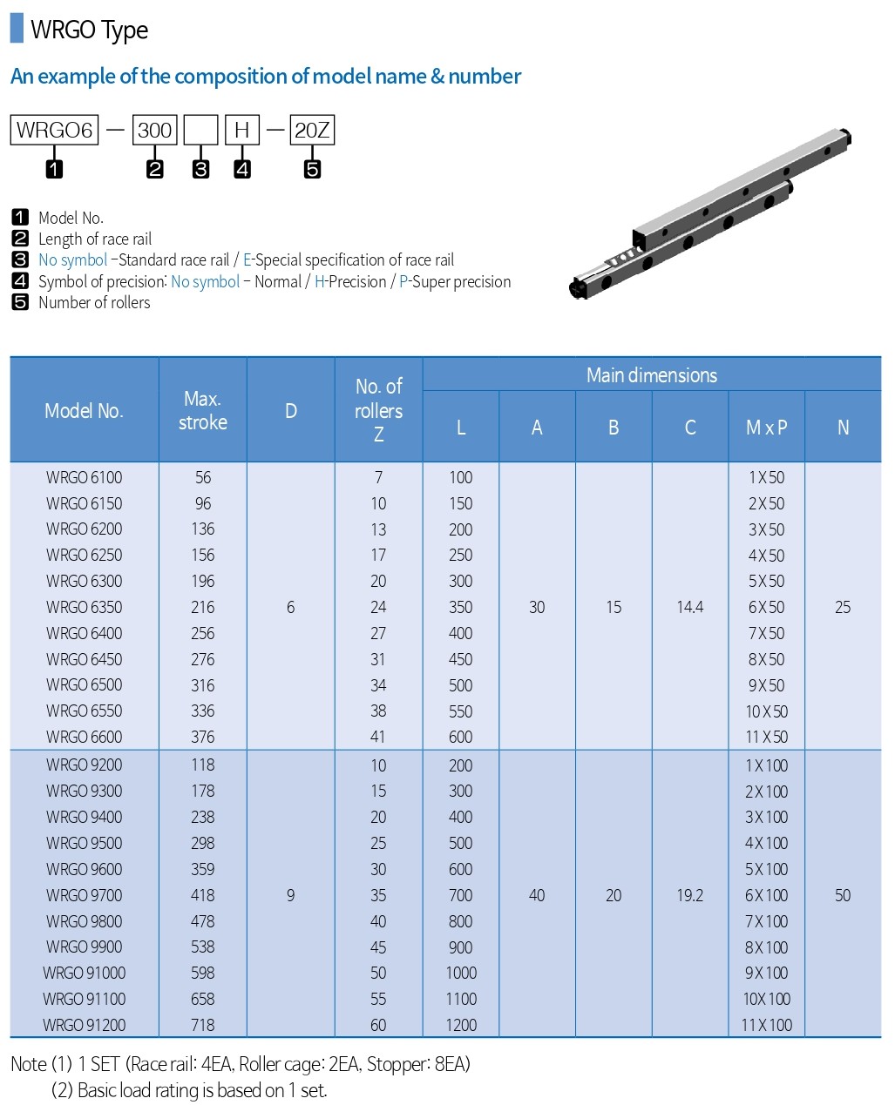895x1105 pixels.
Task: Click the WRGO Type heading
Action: pos(89,30)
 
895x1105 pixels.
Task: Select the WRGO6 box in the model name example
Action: pos(54,131)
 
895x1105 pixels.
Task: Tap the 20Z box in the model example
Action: pos(312,131)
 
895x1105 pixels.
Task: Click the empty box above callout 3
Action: pos(201,131)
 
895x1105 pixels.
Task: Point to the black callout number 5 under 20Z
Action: pos(312,169)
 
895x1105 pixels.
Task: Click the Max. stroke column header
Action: pos(203,410)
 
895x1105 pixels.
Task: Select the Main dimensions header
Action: pos(651,375)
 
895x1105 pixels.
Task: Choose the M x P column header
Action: pos(766,428)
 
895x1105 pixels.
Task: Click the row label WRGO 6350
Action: pos(85,607)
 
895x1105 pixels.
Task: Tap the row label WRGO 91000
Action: pos(85,973)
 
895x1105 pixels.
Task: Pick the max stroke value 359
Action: pos(203,869)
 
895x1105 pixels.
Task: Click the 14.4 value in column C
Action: pos(689,607)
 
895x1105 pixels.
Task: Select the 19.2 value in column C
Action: pos(689,895)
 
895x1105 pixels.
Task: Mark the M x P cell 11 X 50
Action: pos(766,737)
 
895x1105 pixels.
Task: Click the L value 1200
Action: pos(461,1025)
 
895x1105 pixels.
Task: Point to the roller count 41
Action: pos(378,737)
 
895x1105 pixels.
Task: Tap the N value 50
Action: pos(843,895)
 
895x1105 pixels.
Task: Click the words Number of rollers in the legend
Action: pos(94,303)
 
